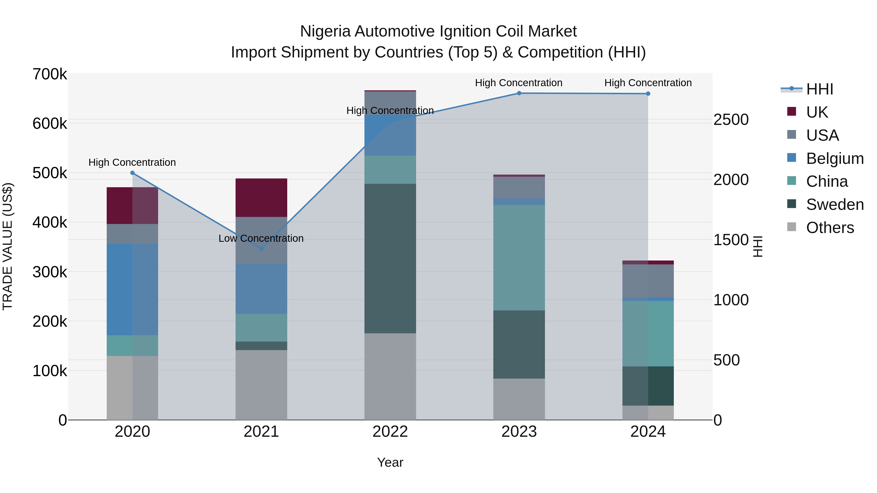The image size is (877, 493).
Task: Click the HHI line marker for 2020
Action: click(x=133, y=173)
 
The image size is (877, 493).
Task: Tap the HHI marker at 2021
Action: click(x=261, y=249)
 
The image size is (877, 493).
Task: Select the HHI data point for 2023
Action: click(x=519, y=93)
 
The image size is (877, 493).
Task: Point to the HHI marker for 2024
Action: click(x=648, y=93)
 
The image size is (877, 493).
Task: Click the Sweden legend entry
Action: click(x=834, y=204)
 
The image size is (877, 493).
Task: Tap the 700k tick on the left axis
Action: click(x=50, y=74)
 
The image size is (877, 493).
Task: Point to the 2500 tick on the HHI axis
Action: click(x=731, y=120)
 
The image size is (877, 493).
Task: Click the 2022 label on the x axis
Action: click(x=390, y=432)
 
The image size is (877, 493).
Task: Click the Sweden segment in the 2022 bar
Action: click(x=390, y=259)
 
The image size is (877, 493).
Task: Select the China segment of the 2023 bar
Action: click(x=519, y=258)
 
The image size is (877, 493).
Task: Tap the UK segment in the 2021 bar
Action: click(x=261, y=197)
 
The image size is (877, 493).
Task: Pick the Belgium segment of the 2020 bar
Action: click(x=133, y=289)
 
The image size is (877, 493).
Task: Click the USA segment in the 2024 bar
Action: click(x=648, y=281)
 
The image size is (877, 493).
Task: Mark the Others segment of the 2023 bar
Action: click(x=519, y=399)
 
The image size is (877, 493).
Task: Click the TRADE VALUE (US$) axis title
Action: click(x=8, y=246)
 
